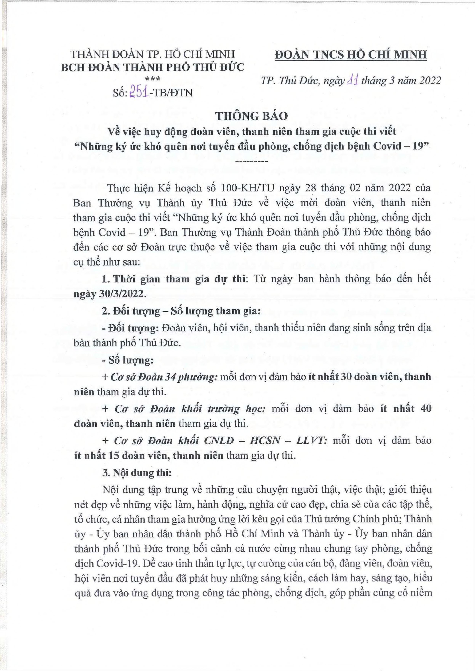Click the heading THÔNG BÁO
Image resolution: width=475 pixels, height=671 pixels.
pos(252,116)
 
